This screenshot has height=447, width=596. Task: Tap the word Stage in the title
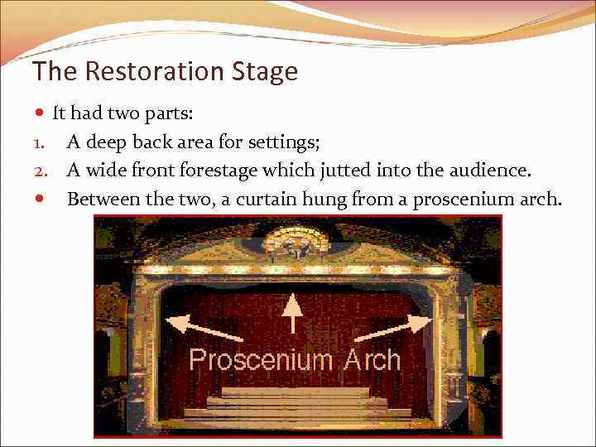click(263, 71)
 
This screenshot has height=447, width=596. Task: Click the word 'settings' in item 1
click(286, 142)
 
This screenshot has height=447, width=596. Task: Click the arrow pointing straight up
click(291, 317)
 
